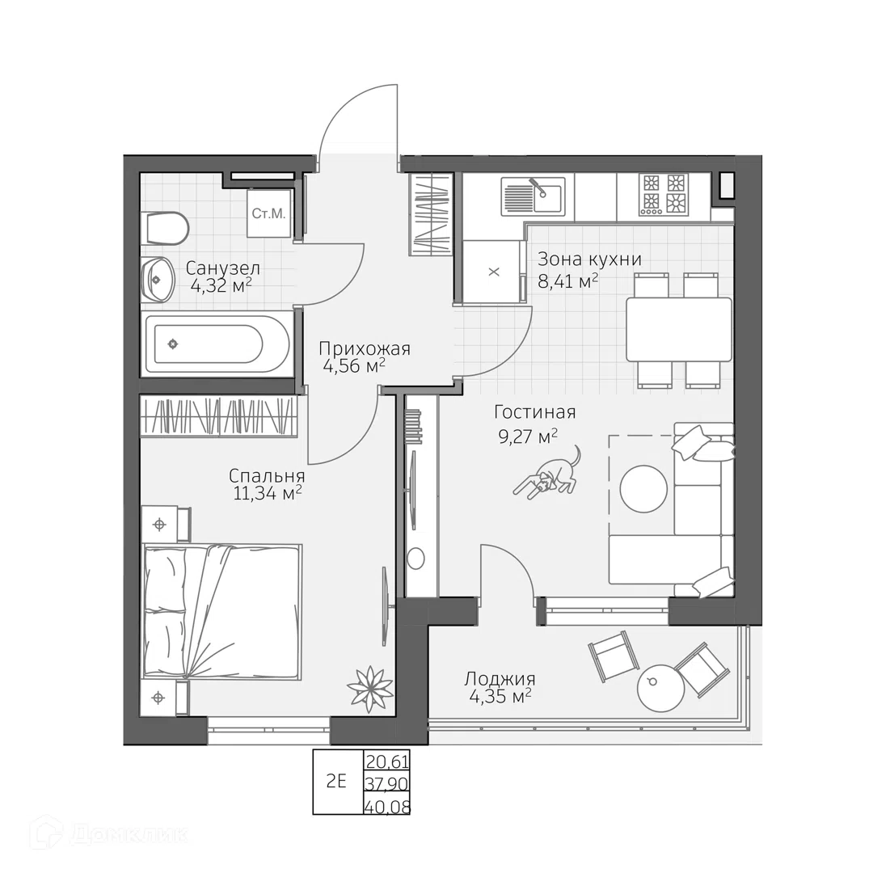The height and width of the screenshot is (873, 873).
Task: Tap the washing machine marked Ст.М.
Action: [269, 213]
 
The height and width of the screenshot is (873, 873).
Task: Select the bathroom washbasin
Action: [157, 279]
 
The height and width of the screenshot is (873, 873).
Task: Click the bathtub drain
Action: [173, 344]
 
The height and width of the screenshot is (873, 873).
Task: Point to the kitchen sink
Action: [533, 196]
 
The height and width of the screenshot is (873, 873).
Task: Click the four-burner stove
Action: [664, 195]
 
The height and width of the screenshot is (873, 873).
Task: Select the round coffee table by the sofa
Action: [643, 488]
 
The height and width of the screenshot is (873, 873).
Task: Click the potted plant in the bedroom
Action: [369, 688]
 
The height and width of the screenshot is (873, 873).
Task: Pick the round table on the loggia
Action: [660, 687]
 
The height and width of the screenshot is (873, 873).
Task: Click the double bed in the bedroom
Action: [222, 612]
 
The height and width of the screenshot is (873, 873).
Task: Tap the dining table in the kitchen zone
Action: [679, 330]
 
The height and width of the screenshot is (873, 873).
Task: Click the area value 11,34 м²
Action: [268, 493]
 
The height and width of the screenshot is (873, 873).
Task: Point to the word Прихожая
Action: [365, 349]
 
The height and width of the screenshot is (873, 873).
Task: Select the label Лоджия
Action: [500, 679]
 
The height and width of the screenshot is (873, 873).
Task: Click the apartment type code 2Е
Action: [336, 781]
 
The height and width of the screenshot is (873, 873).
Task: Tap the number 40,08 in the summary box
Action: [387, 806]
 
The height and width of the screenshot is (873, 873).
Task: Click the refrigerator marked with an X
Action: [494, 272]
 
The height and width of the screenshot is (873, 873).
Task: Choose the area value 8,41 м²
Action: [568, 281]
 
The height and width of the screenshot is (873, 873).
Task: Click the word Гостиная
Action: [534, 412]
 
